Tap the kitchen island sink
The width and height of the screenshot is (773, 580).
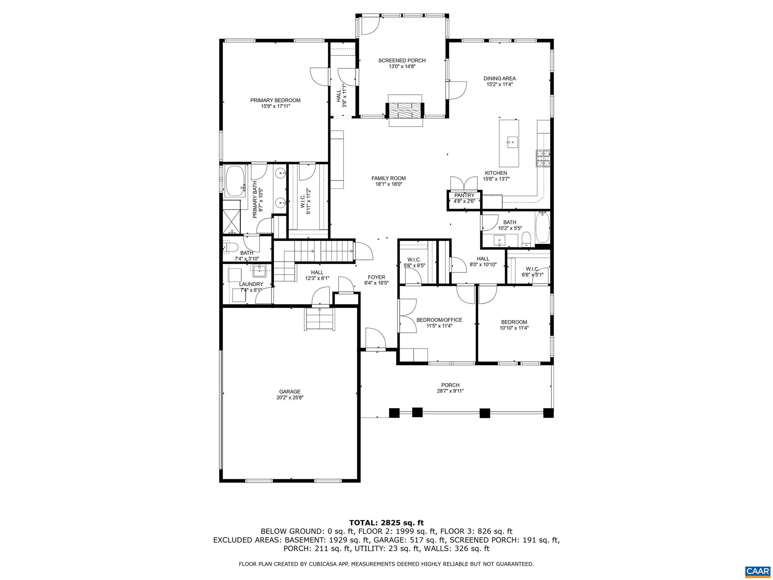(513, 143)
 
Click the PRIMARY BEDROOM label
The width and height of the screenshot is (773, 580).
(275, 100)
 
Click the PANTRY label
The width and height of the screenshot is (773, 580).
(464, 195)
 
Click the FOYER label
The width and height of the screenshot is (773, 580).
(376, 277)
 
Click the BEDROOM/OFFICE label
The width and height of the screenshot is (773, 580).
(439, 320)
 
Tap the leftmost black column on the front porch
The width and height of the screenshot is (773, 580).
(394, 413)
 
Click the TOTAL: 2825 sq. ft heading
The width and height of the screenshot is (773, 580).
(386, 523)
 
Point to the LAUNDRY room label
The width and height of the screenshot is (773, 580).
(251, 284)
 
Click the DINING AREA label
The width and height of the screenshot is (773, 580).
(499, 79)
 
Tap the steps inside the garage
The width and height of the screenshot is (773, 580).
(320, 319)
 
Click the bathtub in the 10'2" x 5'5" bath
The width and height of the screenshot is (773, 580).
(542, 228)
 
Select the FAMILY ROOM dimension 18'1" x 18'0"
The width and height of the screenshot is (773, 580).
(388, 184)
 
